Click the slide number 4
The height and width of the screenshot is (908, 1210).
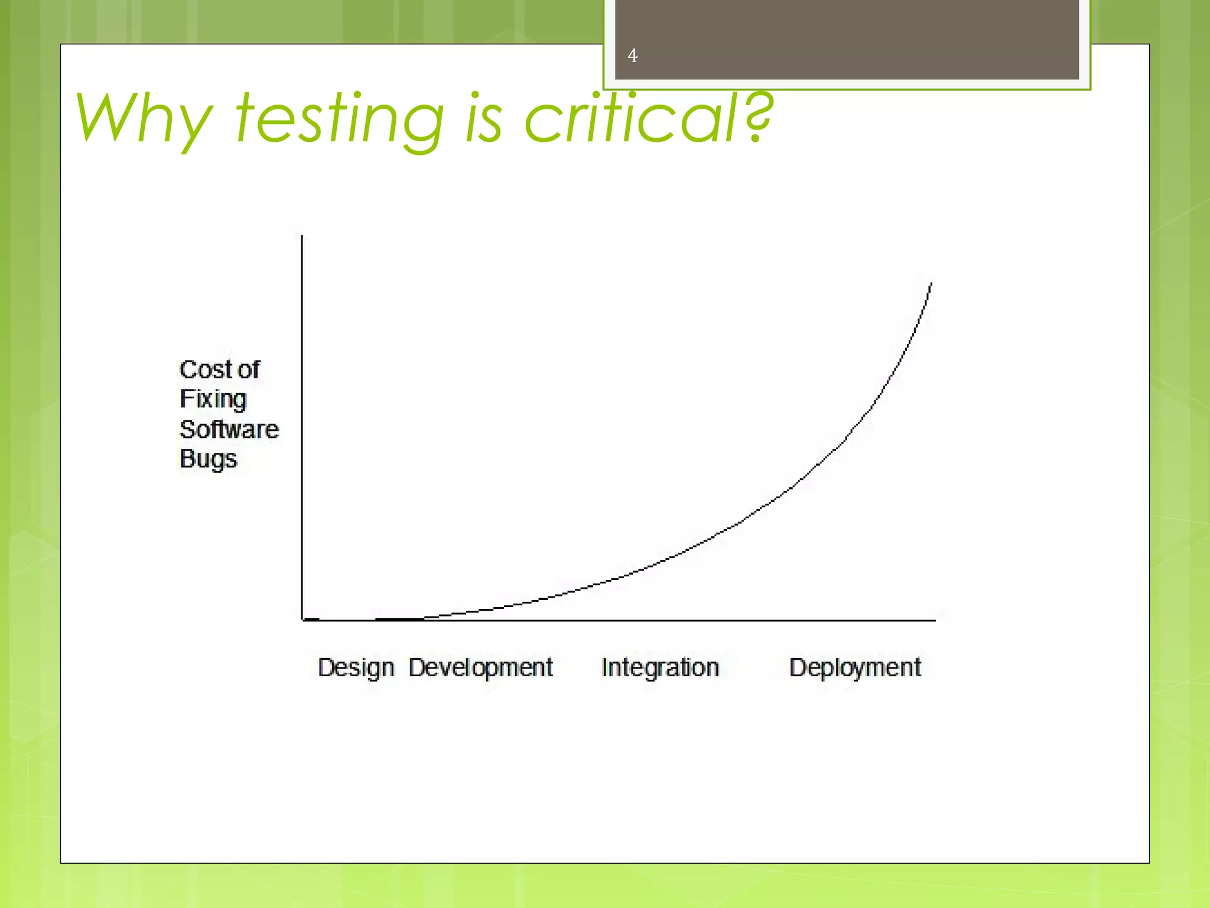[x=632, y=56]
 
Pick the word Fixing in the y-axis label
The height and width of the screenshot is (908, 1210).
[x=213, y=400]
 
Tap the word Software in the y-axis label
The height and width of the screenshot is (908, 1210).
[x=229, y=430]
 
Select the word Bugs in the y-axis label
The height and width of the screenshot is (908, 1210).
[x=208, y=459]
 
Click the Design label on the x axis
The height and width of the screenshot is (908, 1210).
[x=356, y=668]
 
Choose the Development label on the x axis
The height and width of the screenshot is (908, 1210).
[x=480, y=668]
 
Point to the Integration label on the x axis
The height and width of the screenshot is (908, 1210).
[x=660, y=668]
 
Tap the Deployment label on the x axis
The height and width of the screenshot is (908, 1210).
[x=855, y=668]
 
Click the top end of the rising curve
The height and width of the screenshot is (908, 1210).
[x=931, y=284]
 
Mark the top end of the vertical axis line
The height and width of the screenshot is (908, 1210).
[x=302, y=236]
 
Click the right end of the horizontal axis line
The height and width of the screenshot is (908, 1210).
[x=935, y=620]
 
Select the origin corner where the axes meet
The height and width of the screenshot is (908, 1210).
[x=302, y=620]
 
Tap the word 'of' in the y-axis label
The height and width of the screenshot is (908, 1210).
[x=249, y=370]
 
